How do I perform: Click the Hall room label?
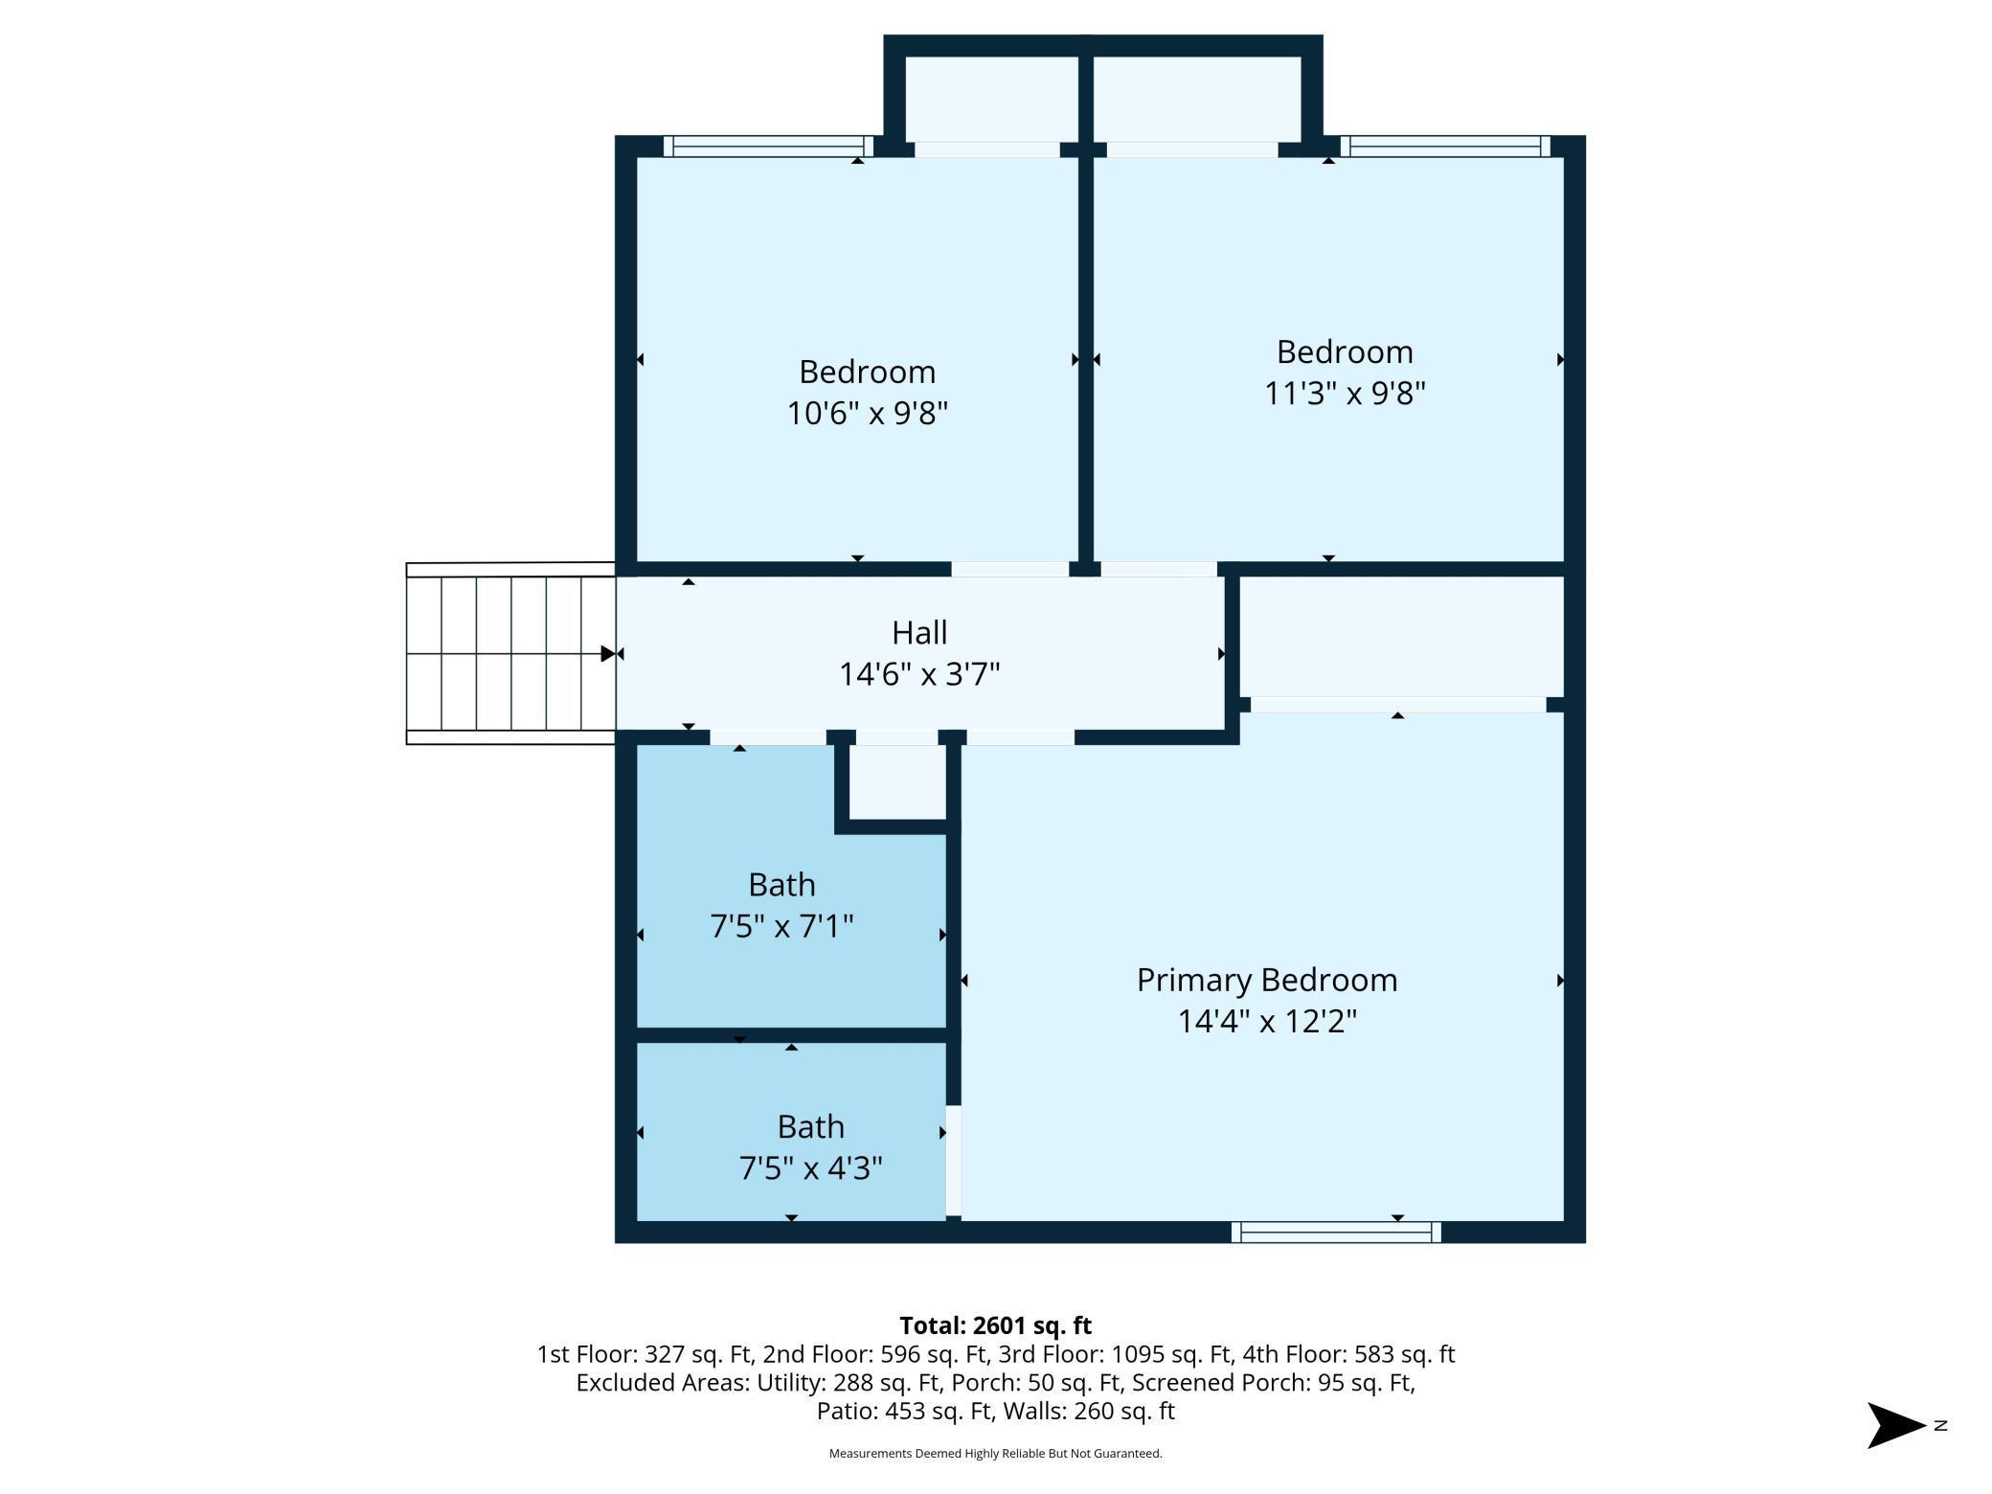(919, 633)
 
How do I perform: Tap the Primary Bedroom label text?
(1266, 980)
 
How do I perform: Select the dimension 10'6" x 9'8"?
(867, 414)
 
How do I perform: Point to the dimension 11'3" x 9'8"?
(1345, 394)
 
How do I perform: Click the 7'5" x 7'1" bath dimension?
(781, 927)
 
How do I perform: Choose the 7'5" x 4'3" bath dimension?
(810, 1168)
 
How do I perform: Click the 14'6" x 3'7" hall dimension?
(919, 675)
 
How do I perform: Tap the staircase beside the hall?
(510, 653)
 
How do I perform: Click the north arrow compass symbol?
(1897, 1425)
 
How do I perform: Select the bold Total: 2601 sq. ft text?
(995, 1325)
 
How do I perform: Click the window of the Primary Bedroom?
(1335, 1233)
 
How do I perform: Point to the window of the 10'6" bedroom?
(768, 147)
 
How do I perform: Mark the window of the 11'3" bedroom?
(1444, 147)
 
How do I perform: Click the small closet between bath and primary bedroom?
(896, 781)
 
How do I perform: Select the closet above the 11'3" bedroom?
(1196, 99)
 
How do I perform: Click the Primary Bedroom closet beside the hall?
(1401, 636)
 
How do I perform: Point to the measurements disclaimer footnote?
(995, 1454)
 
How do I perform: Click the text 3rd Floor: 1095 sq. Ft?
(1115, 1354)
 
